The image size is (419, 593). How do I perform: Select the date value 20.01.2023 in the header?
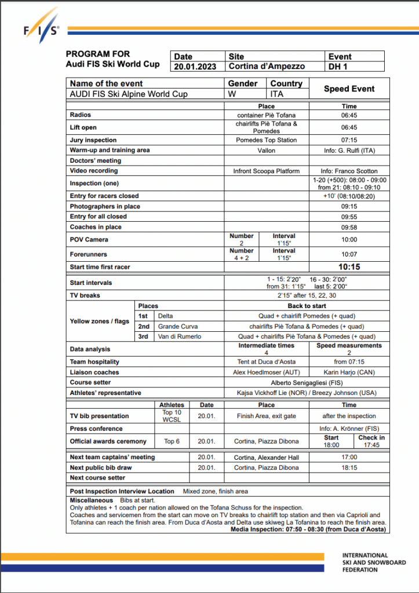[x=195, y=67]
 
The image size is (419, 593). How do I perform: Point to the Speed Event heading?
[x=349, y=89]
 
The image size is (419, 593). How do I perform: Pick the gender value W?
[x=232, y=94]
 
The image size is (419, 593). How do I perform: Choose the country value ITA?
[x=277, y=94]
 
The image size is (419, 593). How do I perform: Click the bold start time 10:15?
[x=349, y=267]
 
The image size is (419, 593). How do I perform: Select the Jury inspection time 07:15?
[x=349, y=140]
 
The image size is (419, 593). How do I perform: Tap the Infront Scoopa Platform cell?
[x=266, y=171]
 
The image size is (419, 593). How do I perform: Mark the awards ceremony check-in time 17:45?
[x=371, y=445]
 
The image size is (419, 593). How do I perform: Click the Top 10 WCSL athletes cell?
[x=172, y=416]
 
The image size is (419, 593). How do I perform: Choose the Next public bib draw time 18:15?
[x=349, y=467]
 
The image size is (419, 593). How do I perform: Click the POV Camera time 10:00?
[x=349, y=239]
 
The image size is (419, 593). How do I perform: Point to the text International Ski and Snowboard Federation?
[x=374, y=562]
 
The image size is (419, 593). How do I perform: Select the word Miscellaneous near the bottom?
[x=92, y=499]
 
